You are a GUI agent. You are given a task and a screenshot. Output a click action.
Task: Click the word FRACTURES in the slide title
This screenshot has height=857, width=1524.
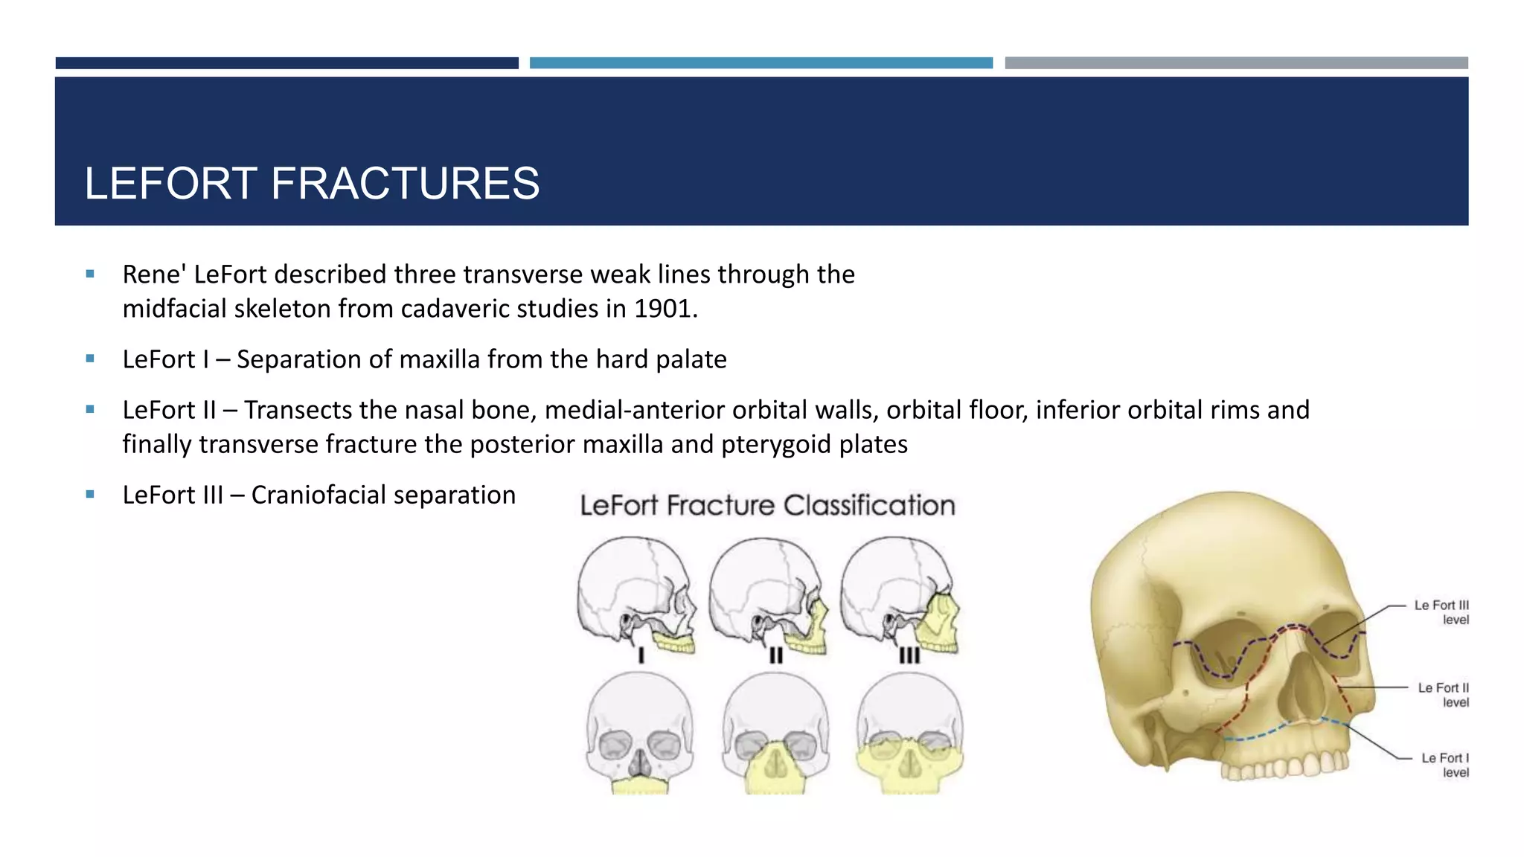pos(405,184)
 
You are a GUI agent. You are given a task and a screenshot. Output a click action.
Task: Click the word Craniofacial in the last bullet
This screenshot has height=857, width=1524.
pos(317,495)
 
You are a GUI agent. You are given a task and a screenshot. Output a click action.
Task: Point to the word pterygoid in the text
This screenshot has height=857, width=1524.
pos(776,445)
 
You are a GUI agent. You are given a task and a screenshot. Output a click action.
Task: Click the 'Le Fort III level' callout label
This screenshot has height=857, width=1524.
pos(1441,612)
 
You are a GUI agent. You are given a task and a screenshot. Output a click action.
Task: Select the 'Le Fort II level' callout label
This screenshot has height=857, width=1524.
pos(1443,695)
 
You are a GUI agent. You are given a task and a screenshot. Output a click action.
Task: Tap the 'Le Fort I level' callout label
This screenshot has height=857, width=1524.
pos(1445,765)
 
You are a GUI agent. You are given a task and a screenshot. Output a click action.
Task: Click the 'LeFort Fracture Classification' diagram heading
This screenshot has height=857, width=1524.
pos(767,506)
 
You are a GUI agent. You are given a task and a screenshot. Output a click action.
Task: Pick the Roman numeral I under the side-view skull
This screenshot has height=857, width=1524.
pos(641,655)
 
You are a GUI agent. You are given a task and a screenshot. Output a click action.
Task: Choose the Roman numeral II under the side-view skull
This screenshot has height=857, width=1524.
pos(776,655)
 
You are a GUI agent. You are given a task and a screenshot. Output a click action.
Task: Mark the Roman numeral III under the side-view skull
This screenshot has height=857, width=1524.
pos(909,655)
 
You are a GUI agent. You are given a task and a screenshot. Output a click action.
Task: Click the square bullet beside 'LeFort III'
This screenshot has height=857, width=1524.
pos(90,494)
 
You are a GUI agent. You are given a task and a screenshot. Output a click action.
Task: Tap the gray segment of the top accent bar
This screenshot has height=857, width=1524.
pos(1236,63)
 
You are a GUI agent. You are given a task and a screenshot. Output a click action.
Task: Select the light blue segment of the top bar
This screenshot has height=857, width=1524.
pos(761,63)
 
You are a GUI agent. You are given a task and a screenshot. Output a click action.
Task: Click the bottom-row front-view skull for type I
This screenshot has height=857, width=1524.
pos(640,733)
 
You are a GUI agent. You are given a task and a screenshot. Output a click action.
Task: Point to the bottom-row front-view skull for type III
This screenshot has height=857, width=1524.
pos(909,733)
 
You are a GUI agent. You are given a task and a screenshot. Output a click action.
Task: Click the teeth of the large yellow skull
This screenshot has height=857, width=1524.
pos(1287,766)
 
